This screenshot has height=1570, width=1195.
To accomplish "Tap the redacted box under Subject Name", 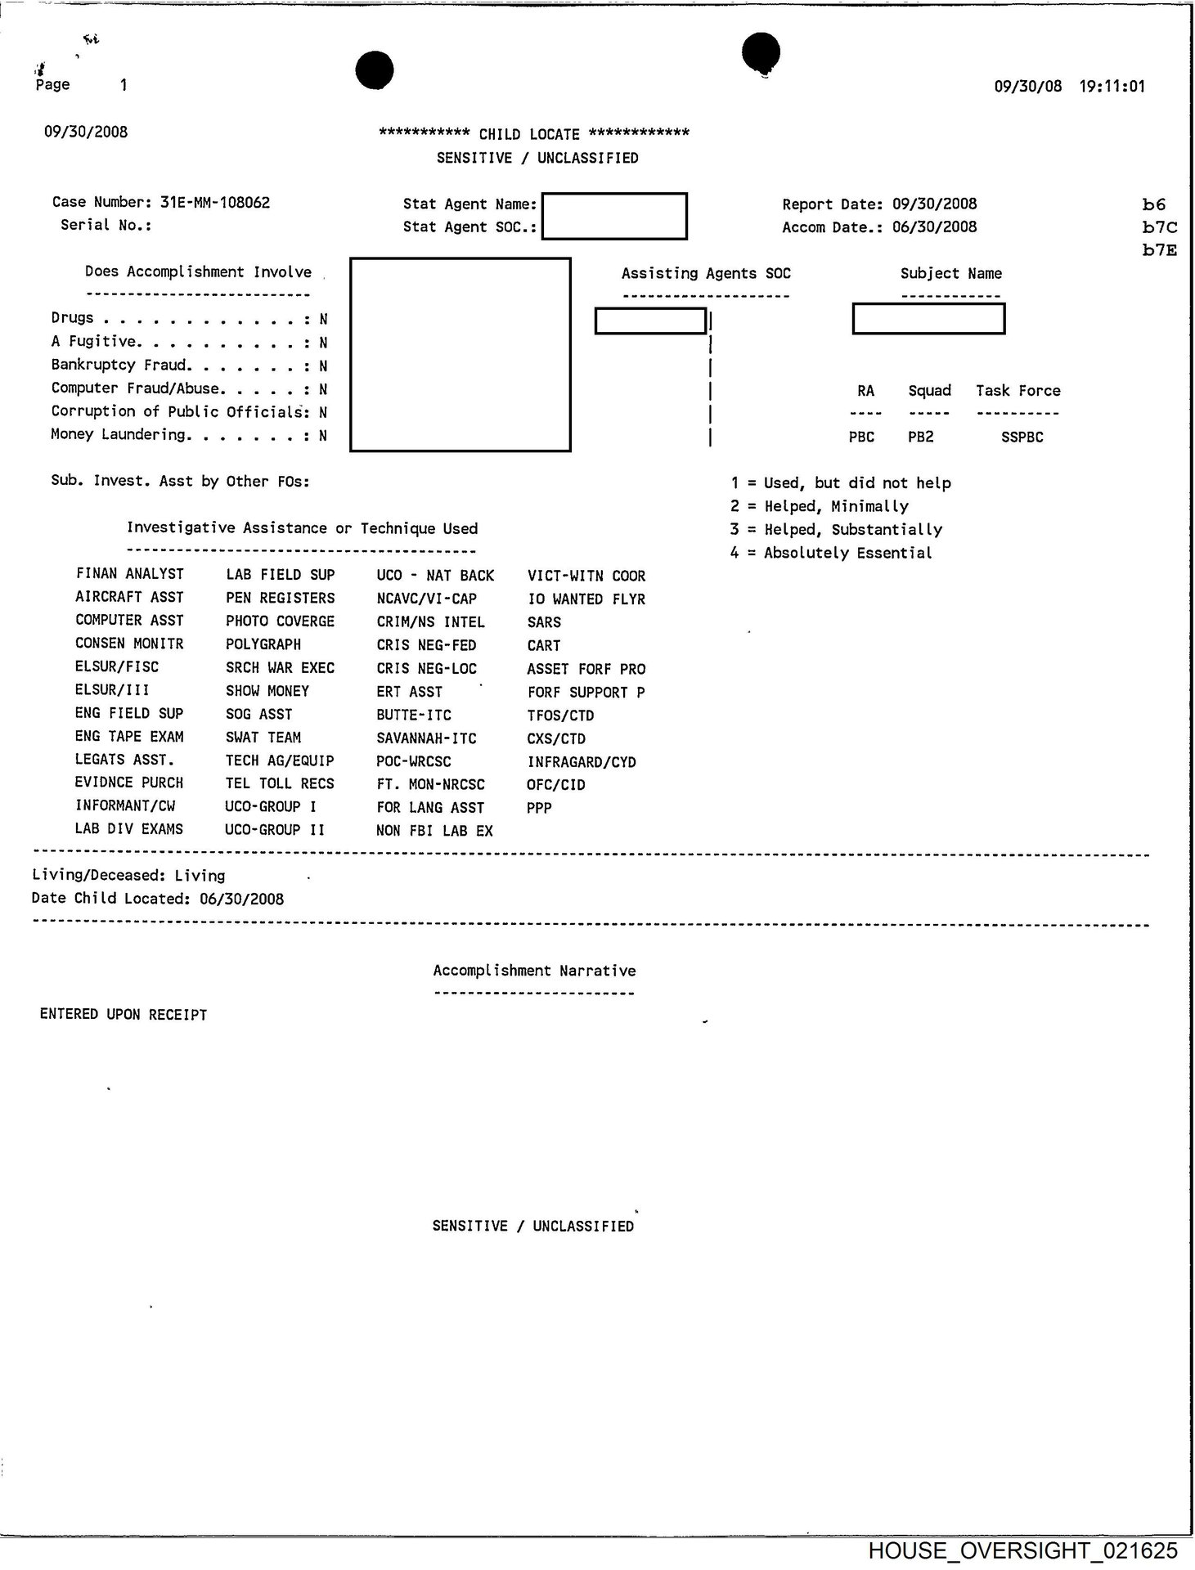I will [928, 319].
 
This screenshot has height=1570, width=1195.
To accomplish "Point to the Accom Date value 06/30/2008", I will [934, 227].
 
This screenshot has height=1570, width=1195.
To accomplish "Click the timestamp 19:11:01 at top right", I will [1112, 86].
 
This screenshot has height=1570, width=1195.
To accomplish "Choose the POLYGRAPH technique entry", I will [263, 644].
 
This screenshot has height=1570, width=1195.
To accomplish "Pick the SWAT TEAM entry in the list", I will [263, 737].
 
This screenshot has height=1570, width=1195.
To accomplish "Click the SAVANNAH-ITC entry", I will [426, 738].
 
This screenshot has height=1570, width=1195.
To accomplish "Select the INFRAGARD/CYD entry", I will [582, 761].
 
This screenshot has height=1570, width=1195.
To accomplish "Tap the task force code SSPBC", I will [1022, 437].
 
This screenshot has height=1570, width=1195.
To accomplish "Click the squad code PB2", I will [920, 437].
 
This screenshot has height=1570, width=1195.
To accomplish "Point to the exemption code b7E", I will [1159, 250].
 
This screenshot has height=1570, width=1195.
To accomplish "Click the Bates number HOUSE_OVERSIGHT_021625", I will [1023, 1550].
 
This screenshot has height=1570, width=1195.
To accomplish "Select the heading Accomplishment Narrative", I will [534, 971].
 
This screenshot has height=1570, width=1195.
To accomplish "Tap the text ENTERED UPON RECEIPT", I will [124, 1014].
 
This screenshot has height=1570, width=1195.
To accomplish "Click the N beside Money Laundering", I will [323, 436].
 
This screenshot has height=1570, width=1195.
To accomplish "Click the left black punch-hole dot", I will [375, 70].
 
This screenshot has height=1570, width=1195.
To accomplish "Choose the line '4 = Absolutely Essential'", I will [831, 553].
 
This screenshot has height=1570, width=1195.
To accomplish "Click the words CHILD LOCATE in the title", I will [529, 134].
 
